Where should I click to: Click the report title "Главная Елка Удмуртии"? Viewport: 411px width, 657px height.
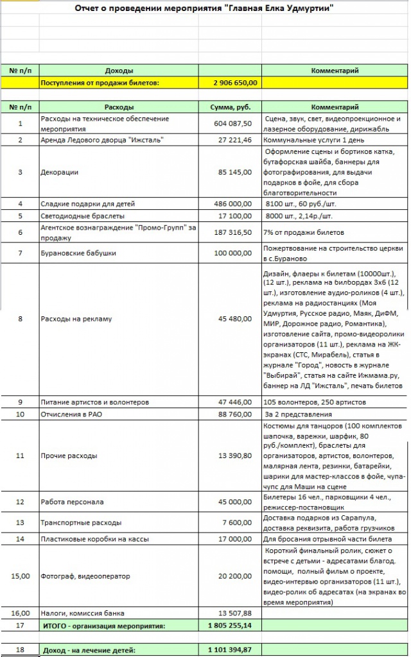coord(204,8)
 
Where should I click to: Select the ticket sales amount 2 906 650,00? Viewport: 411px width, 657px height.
coord(235,83)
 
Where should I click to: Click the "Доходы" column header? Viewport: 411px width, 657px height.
coord(119,71)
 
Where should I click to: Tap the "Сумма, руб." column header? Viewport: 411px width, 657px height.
coord(230,107)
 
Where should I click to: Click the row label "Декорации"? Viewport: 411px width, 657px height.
coord(60,172)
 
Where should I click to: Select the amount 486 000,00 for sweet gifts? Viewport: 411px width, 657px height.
coord(232,204)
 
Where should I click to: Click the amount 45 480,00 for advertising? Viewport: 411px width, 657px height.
coord(235,318)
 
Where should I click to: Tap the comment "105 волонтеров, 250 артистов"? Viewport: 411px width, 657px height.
coord(315,402)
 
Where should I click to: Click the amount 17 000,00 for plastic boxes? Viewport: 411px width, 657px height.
coord(235,539)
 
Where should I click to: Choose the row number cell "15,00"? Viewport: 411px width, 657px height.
coord(21,576)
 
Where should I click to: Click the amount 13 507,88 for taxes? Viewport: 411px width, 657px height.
coord(235,613)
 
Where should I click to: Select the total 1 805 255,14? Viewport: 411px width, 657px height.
coord(231,625)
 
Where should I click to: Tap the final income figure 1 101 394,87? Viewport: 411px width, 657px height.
coord(231,650)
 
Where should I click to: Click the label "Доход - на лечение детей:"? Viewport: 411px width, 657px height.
coord(89,650)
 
